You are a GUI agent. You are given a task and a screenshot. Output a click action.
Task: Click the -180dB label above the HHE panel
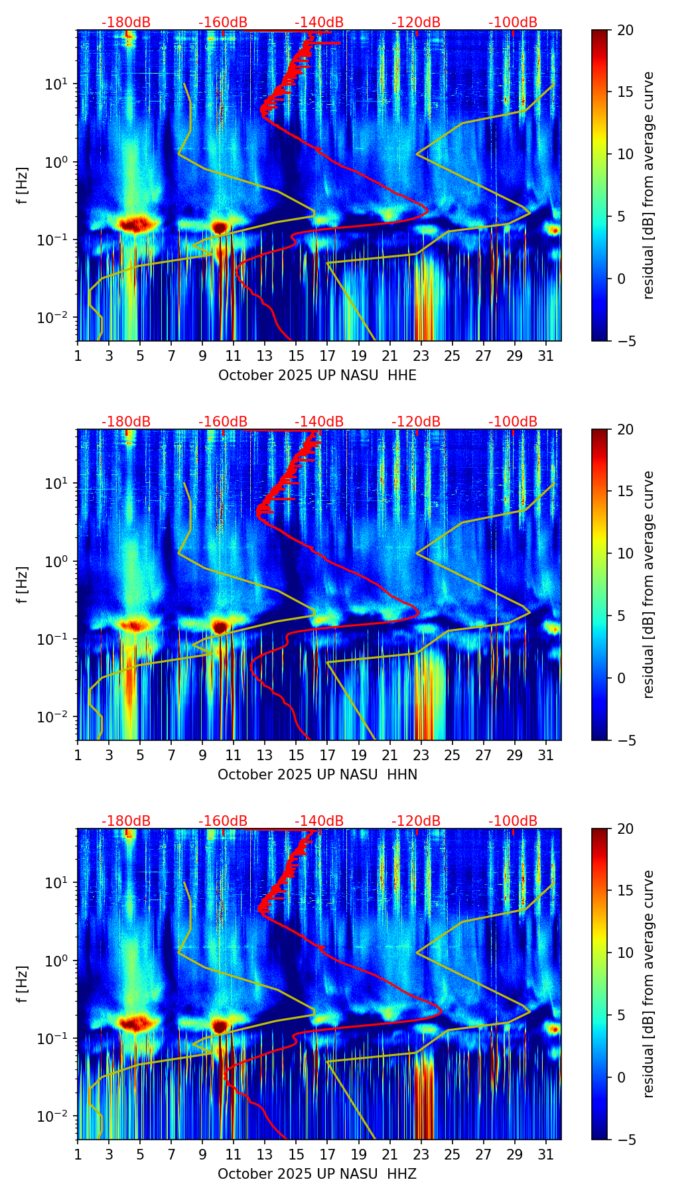point(126,23)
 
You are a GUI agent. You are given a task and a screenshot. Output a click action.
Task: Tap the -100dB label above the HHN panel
point(513,422)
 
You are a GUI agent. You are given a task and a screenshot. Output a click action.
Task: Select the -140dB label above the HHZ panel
point(319,821)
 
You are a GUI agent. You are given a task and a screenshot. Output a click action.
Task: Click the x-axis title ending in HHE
point(317,375)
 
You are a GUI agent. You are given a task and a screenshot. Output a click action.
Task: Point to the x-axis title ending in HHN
point(317,775)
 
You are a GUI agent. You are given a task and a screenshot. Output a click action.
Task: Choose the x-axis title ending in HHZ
point(317,1174)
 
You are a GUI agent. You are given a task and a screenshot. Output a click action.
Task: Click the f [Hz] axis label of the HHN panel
point(23,584)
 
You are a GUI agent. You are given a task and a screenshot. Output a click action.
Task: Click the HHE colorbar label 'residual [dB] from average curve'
point(649,185)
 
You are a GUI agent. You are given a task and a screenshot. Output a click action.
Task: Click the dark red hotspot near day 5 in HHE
point(136,224)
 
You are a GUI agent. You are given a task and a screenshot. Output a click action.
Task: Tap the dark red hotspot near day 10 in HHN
point(220,626)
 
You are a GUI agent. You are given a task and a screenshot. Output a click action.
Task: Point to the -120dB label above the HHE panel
point(416,23)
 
